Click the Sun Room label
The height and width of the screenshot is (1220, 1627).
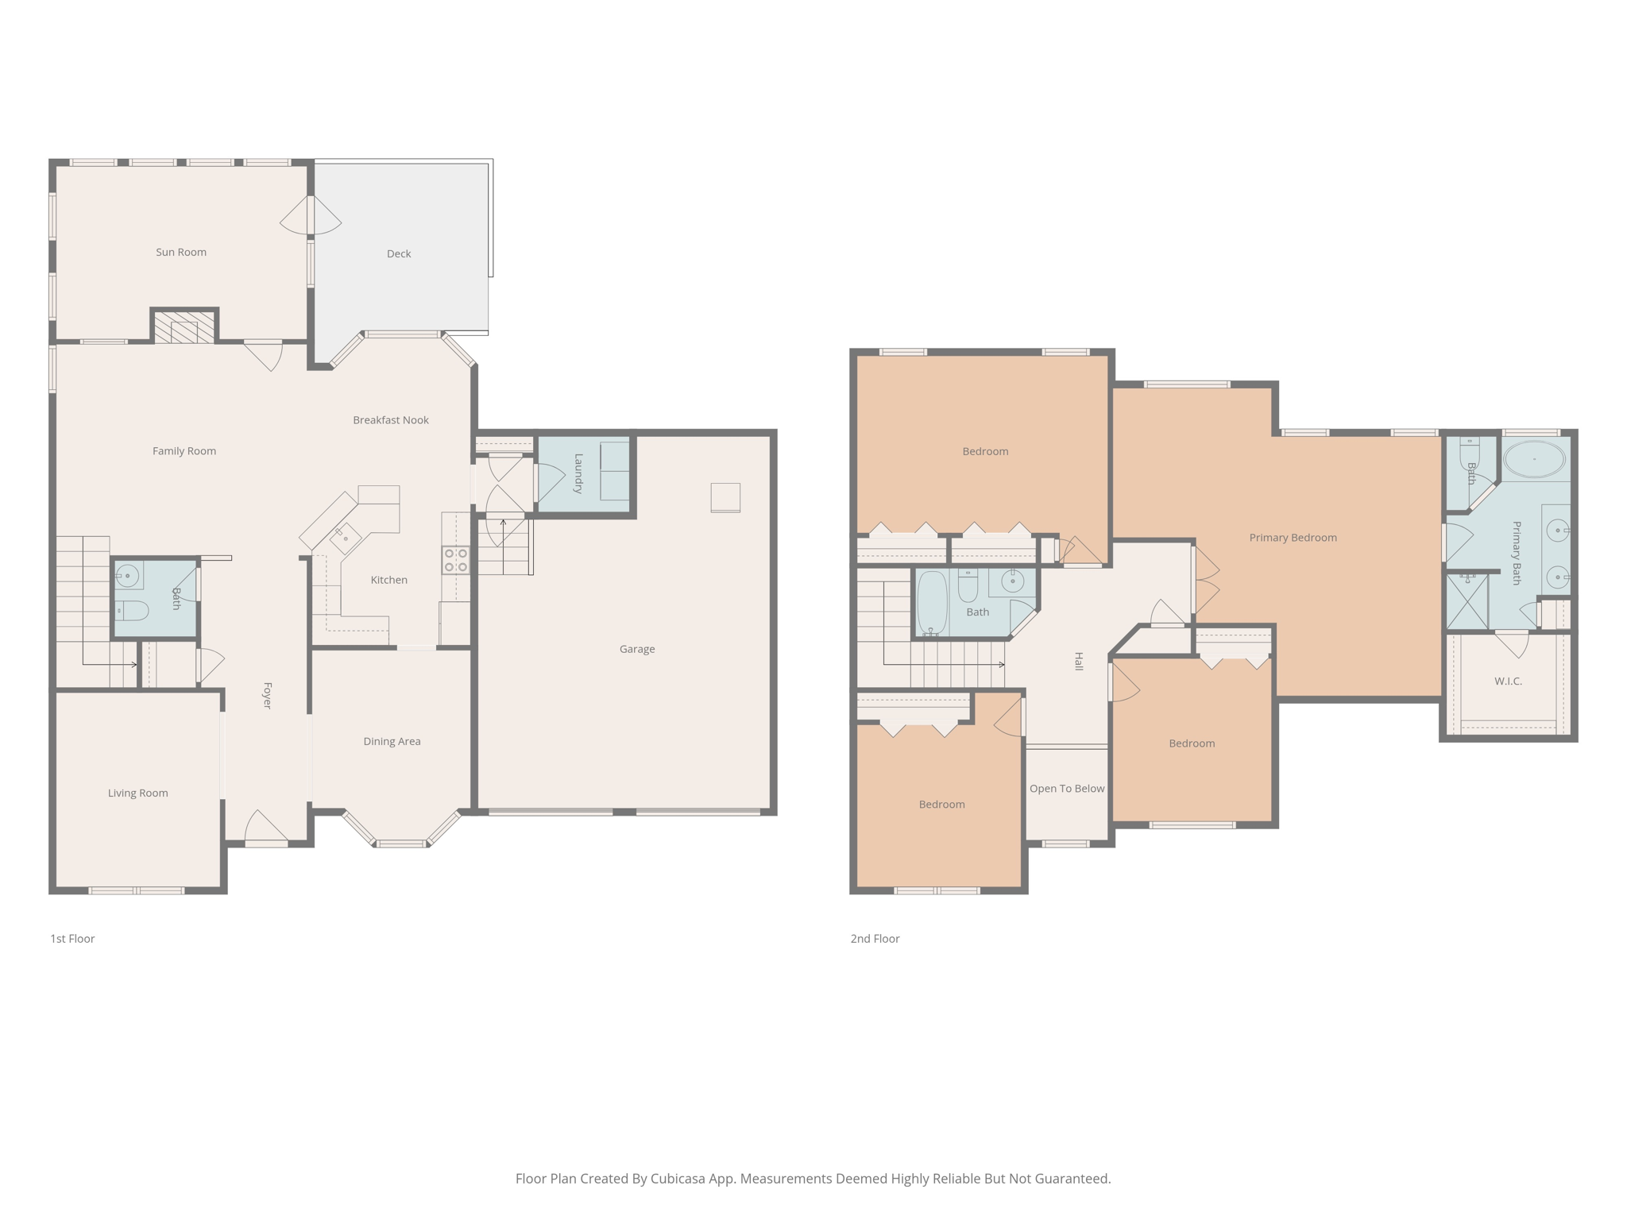coord(181,252)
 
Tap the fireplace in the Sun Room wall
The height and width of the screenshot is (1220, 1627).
coord(184,327)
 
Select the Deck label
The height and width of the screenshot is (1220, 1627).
coord(399,253)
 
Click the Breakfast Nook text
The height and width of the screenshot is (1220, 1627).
coord(391,420)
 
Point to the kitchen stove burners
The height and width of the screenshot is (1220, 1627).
coord(456,560)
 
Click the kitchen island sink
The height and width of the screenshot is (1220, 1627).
coord(346,538)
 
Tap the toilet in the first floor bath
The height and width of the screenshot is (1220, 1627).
coord(132,610)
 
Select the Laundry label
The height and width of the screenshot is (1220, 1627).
coord(579,473)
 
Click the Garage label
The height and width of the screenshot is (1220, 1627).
coord(637,649)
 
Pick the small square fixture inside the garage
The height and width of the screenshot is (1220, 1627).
coord(725,498)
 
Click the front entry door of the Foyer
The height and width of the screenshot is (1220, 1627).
coord(266,828)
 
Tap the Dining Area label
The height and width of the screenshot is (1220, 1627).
coord(392,741)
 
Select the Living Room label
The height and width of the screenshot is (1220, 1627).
coord(138,793)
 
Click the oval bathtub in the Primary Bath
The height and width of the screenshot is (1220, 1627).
coord(1535,459)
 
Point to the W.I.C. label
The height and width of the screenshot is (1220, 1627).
coord(1508,681)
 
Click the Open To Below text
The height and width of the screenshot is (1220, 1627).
coord(1067,789)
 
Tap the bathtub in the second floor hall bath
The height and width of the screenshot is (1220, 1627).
coord(932,602)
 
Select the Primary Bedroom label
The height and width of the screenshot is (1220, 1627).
coord(1293,538)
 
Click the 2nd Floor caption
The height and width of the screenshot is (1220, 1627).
coord(875,939)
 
